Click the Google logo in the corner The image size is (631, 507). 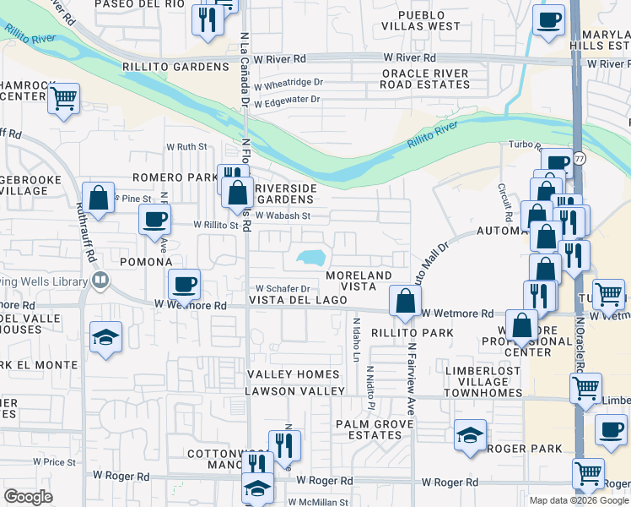(29, 497)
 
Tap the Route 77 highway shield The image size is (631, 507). (579, 158)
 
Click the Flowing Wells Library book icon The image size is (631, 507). (100, 281)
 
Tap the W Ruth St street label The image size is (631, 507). (186, 146)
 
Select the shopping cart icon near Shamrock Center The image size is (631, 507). (64, 98)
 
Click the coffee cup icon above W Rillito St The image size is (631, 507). (154, 219)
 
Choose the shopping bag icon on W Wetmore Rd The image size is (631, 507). (405, 300)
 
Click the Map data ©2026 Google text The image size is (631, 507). (580, 500)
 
